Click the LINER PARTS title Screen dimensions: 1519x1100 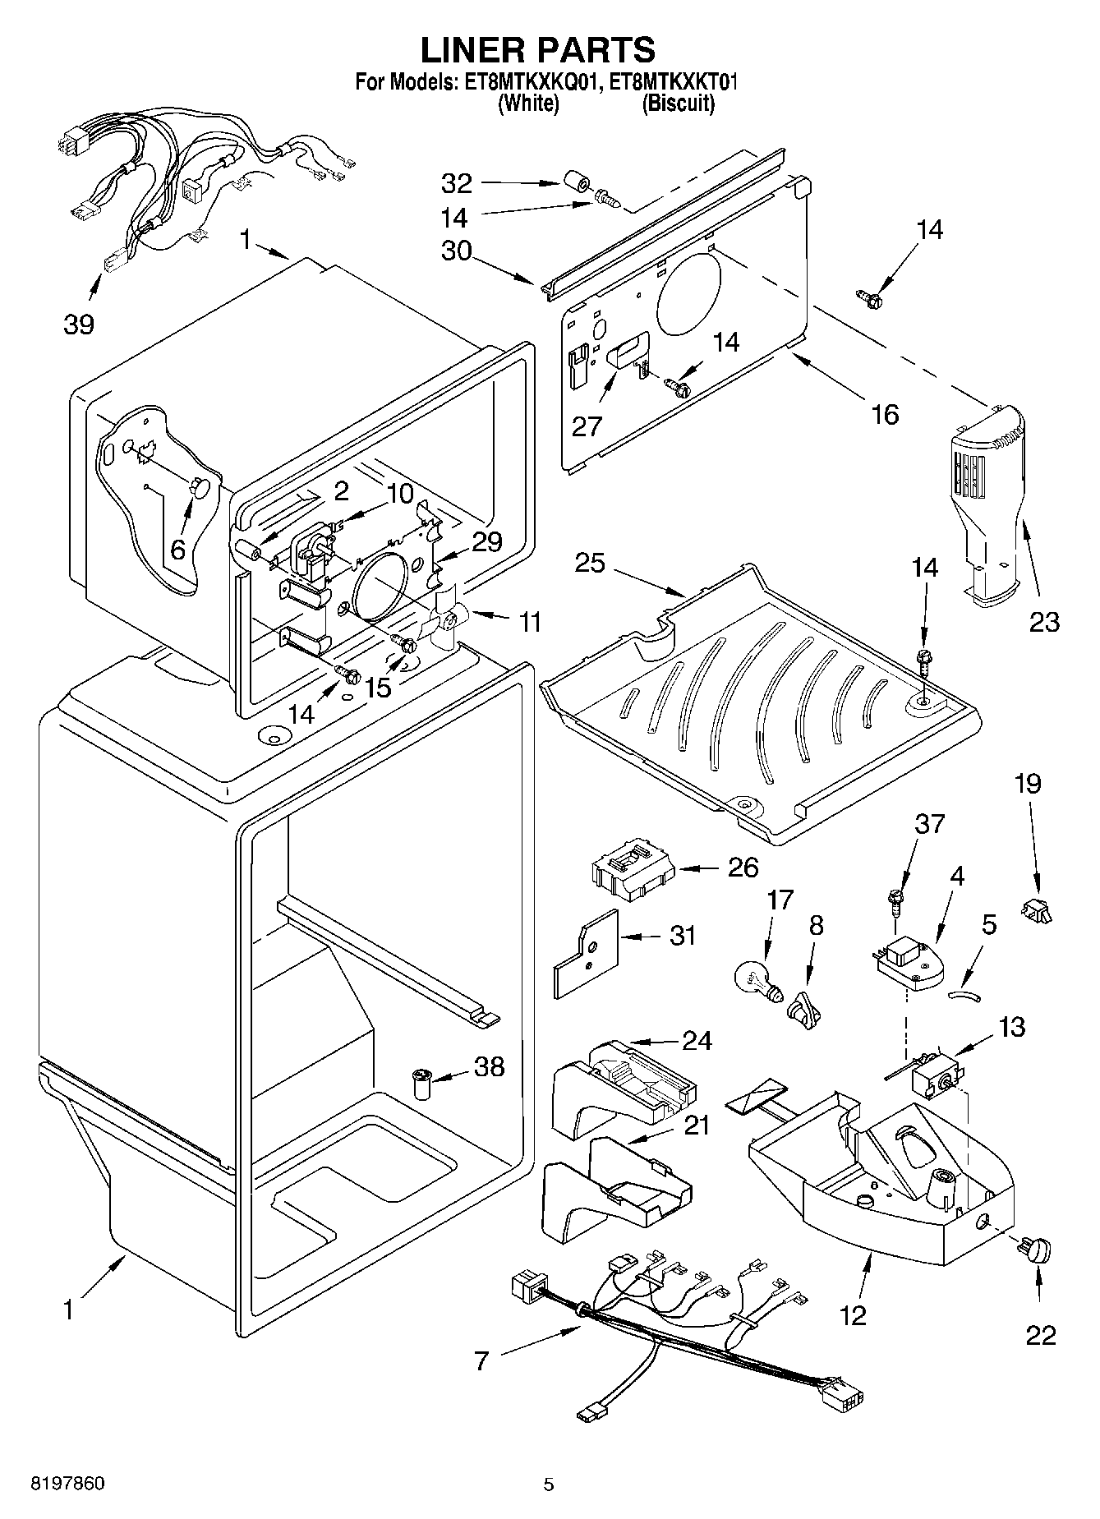(538, 50)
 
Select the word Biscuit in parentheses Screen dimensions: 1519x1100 (678, 104)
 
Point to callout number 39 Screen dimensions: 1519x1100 (79, 325)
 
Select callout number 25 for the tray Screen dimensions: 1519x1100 (590, 564)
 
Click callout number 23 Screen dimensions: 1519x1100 (1044, 622)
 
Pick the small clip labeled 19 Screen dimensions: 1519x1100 (1037, 909)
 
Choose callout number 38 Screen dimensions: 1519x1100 (490, 1066)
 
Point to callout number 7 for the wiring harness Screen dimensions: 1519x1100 (481, 1361)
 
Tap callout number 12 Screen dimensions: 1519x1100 (854, 1315)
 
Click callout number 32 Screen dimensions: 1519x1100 (458, 182)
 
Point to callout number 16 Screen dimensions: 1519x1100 (885, 414)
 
